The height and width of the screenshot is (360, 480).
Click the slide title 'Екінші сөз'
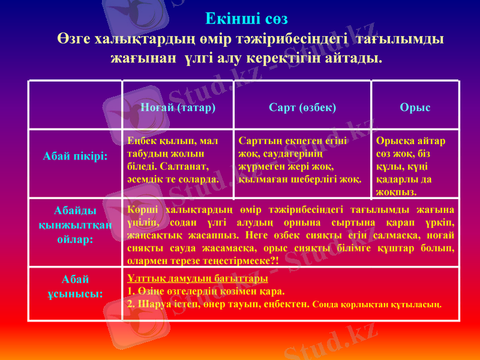[x=247, y=19]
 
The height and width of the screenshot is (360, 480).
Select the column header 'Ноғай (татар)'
[x=178, y=107]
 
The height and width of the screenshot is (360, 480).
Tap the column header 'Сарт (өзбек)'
[x=302, y=107]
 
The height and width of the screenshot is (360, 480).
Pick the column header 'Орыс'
[x=415, y=107]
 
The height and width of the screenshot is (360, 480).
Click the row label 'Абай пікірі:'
[x=76, y=156]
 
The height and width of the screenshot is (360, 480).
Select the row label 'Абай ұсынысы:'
[x=76, y=286]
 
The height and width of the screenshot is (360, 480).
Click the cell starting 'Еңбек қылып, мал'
[x=173, y=160]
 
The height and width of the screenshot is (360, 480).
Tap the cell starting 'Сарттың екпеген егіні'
[x=299, y=160]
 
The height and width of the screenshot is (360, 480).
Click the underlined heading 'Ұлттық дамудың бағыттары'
[x=197, y=279]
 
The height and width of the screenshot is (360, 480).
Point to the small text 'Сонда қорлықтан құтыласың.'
[x=377, y=304]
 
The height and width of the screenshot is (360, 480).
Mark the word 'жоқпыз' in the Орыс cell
[x=395, y=191]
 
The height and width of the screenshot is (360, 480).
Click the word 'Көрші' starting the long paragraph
[x=142, y=210]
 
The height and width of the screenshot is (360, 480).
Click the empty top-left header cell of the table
[x=76, y=105]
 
